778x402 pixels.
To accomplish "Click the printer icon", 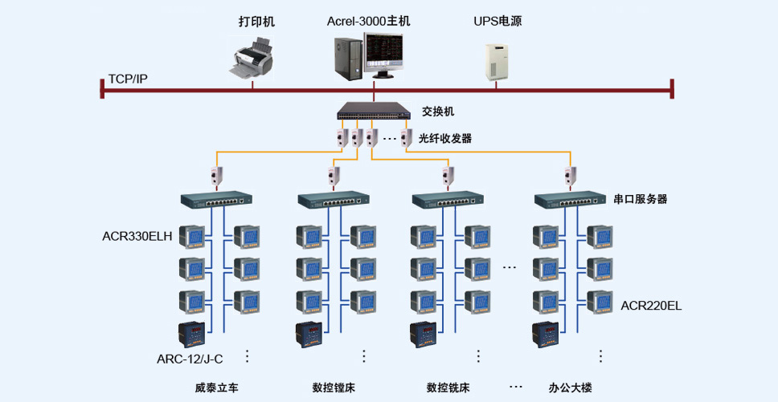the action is point(252,59).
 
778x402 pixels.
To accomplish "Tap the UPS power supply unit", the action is point(496,62).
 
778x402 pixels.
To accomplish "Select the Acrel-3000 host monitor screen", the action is point(383,55).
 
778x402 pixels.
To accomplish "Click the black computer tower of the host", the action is point(347,59).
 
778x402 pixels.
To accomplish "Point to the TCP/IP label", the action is point(128,79).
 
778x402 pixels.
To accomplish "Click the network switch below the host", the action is point(374,111).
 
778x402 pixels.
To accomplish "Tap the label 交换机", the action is point(438,112).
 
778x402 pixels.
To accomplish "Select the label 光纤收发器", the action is point(445,139).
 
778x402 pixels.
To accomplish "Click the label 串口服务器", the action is point(641,199).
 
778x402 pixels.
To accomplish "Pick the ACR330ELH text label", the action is point(137,236).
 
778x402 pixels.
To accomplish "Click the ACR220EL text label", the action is point(651,306).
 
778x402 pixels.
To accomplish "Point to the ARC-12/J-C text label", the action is point(190,359).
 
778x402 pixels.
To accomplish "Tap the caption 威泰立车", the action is point(217,387).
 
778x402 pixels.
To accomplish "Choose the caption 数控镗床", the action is point(334,387).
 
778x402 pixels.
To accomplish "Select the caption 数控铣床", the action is point(448,387).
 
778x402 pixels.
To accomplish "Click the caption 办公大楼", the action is point(570,387).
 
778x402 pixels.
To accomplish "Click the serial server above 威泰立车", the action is point(216,200).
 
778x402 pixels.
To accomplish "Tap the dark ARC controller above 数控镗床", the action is point(309,335).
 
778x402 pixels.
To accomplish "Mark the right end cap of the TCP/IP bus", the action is point(672,89).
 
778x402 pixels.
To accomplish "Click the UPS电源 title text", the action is point(498,22).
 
